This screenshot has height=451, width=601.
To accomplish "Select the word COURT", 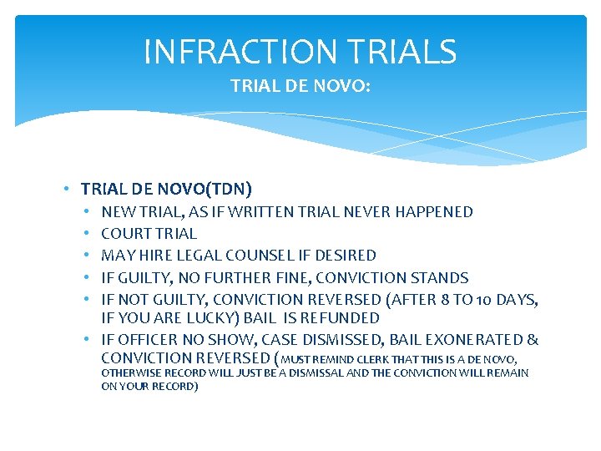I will (x=124, y=234).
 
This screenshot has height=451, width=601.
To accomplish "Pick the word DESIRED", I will (x=349, y=256).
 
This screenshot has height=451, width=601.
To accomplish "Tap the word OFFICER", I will (x=142, y=340).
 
